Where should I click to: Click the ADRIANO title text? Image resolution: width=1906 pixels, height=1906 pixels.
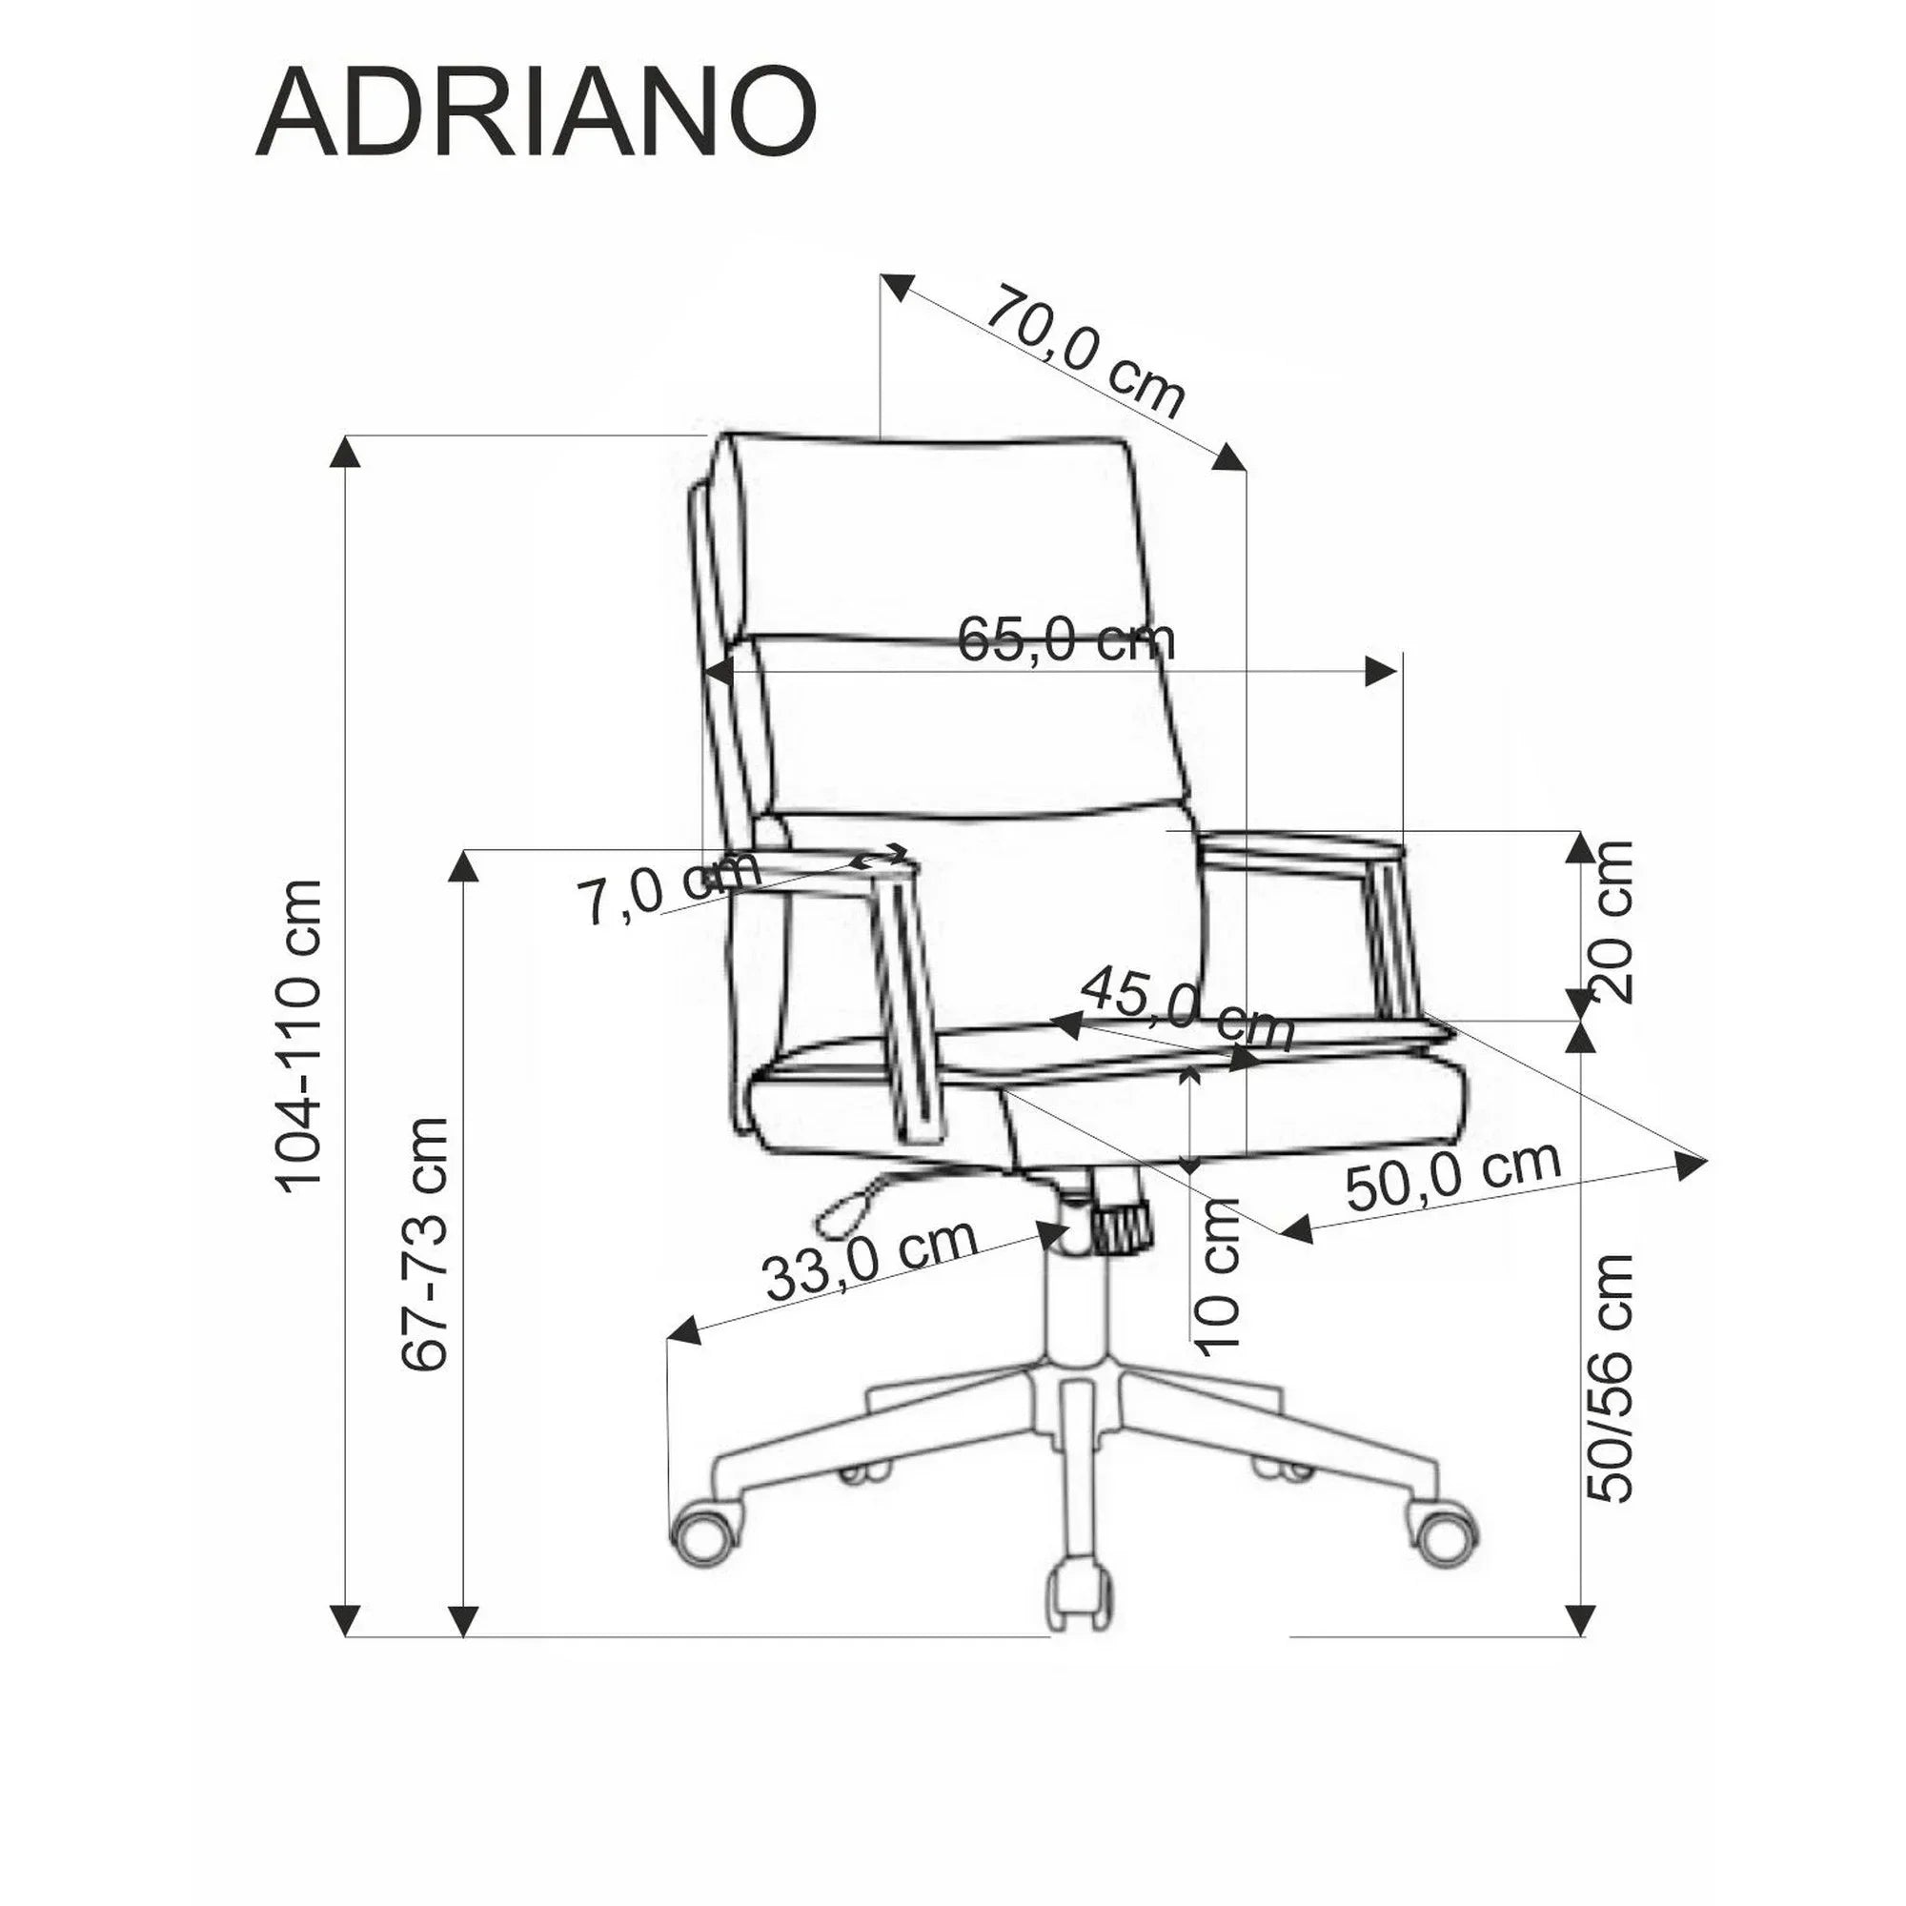[536, 114]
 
